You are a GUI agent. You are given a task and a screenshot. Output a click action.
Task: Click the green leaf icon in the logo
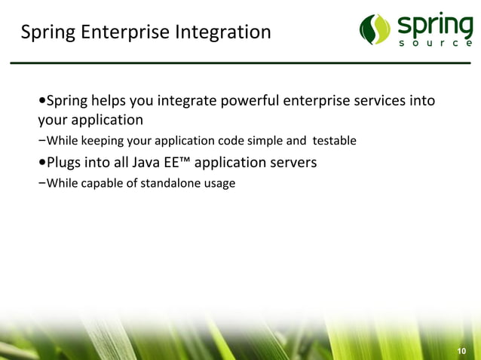(x=375, y=29)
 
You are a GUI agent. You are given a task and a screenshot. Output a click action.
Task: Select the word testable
(x=329, y=141)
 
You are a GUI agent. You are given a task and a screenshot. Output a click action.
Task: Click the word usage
(x=218, y=182)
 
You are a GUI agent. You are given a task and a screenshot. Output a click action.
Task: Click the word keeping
(x=101, y=141)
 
